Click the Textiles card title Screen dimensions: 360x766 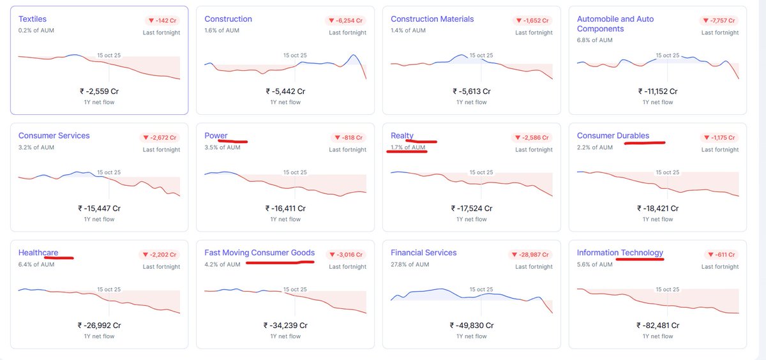coord(33,19)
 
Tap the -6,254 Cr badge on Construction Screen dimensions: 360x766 coord(348,20)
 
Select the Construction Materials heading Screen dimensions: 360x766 coord(432,19)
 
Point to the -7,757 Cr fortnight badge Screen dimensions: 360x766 coord(720,20)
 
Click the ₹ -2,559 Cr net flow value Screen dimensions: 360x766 coord(99,91)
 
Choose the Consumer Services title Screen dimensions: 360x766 coord(54,136)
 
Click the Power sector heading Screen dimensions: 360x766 coord(216,136)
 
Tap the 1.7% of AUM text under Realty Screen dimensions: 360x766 coord(408,147)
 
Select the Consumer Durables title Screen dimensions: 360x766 coord(613,136)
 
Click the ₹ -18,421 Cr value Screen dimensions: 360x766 coord(657,208)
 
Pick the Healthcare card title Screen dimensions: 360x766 coord(38,253)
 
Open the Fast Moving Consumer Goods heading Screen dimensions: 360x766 coord(259,253)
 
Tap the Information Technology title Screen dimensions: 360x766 coord(620,253)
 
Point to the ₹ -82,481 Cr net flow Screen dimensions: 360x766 coord(657,325)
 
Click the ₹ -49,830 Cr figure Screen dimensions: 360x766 coord(471,325)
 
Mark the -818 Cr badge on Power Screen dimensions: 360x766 coord(348,137)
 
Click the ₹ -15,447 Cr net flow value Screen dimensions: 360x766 coord(99,208)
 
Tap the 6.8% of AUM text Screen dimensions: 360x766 coord(594,40)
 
